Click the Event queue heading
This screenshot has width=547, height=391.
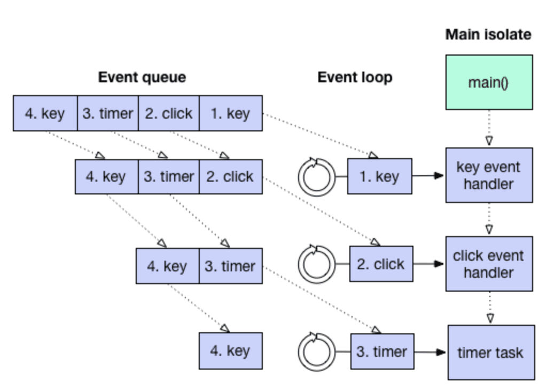click(142, 77)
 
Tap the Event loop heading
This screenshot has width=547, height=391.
click(355, 77)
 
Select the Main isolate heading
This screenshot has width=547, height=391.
click(488, 35)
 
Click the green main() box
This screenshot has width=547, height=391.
click(489, 82)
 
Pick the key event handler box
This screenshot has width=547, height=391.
click(489, 175)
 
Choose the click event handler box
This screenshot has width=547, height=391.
click(489, 264)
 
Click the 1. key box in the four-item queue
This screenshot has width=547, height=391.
click(231, 113)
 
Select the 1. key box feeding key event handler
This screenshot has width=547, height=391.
click(379, 176)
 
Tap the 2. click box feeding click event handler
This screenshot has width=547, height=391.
click(381, 264)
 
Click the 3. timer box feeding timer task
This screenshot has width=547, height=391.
click(382, 351)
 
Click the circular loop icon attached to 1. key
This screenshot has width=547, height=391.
click(317, 176)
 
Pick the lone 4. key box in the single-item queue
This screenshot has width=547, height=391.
click(231, 351)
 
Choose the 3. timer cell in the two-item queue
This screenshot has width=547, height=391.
click(230, 266)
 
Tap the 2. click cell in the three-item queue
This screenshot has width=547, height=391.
click(230, 177)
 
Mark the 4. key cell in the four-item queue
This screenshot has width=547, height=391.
click(45, 113)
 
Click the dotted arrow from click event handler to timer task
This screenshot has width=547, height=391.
click(490, 308)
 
